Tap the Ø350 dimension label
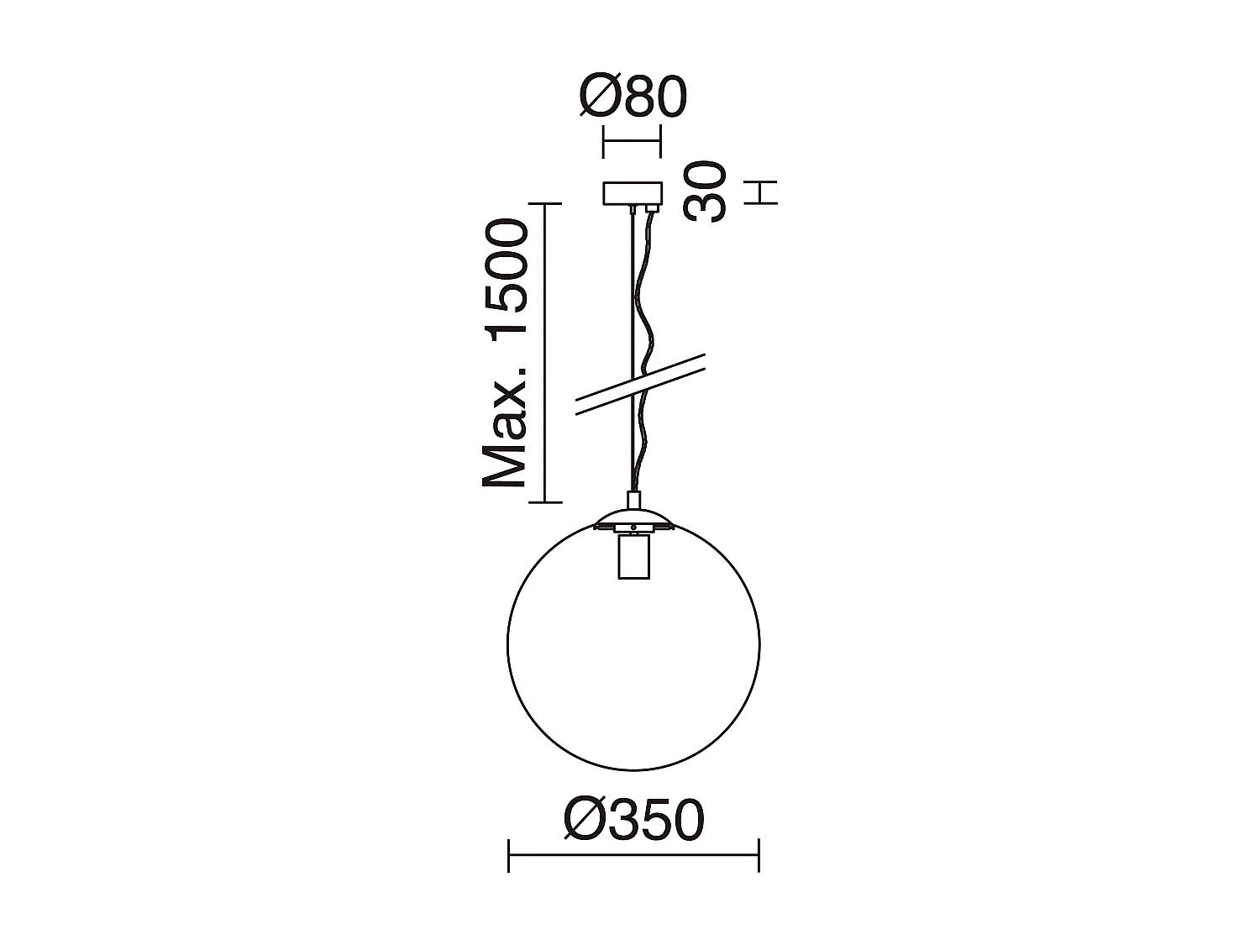coord(634,820)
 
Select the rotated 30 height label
coord(705,192)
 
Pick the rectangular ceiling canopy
coord(633,193)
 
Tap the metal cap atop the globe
coord(633,517)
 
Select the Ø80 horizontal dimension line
coord(632,141)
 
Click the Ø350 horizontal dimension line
coord(634,855)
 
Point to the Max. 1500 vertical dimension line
coord(546,353)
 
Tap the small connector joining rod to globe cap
coord(634,501)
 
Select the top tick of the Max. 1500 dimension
coord(546,204)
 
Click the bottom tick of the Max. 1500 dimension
coord(546,502)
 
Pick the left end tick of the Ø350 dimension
coord(509,855)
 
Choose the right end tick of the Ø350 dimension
coord(759,855)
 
